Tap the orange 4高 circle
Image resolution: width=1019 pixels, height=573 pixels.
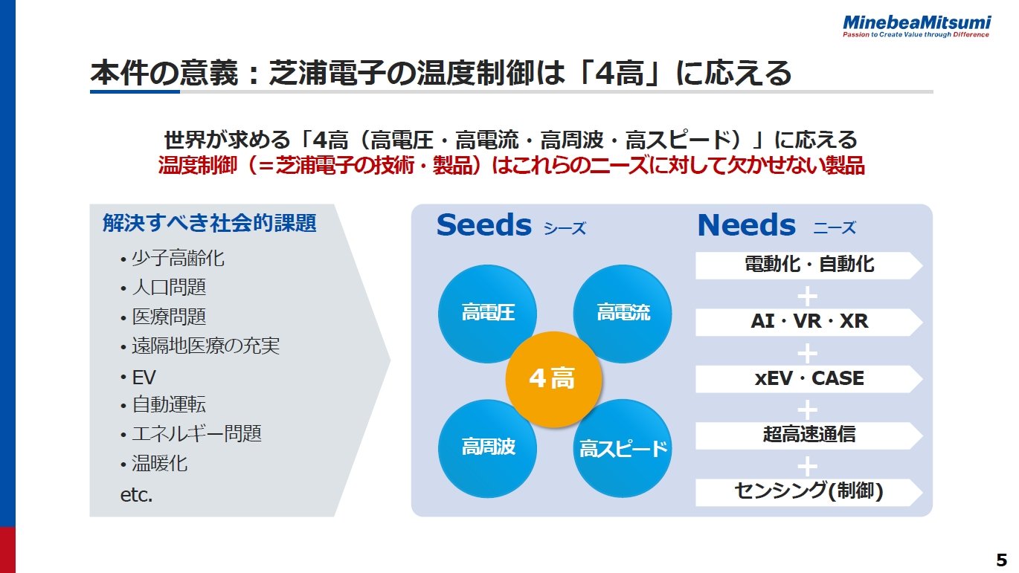(552, 379)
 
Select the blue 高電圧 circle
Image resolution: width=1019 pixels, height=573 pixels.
(488, 313)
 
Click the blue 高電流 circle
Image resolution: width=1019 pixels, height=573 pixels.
(623, 313)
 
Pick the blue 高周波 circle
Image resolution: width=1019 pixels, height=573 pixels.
(488, 447)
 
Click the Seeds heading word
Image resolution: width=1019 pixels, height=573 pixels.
(484, 225)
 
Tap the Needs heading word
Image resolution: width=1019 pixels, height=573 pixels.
(746, 225)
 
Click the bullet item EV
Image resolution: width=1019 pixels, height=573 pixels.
(144, 377)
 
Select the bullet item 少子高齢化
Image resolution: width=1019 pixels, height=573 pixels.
(178, 259)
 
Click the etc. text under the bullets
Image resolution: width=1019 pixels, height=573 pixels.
(136, 495)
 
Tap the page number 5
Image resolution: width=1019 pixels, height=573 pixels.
(1001, 560)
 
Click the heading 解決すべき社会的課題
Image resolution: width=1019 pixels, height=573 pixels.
(210, 223)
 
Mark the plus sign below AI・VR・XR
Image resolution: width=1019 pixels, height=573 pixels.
(808, 353)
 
